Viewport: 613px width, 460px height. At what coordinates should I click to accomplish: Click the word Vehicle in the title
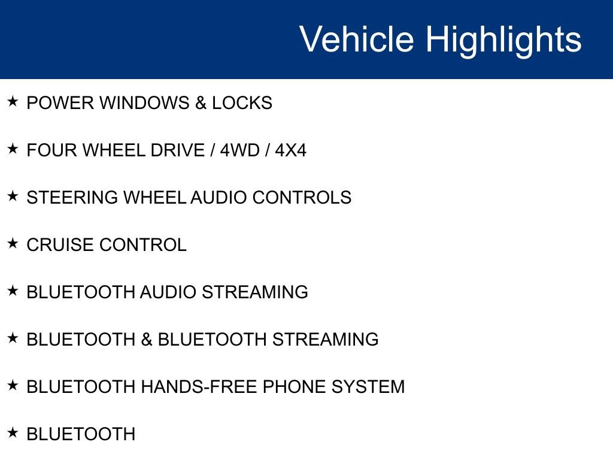coord(356,40)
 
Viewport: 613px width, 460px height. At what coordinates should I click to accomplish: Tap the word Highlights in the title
coord(503,40)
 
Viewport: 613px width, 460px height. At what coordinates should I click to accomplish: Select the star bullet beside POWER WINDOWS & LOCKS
coord(13,102)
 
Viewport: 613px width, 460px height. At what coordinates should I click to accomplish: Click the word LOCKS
coord(242,103)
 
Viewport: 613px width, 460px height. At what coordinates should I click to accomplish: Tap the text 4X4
coord(290,150)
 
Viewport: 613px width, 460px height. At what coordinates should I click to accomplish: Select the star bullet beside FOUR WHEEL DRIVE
coord(13,149)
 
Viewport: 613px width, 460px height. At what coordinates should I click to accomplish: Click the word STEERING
coord(72,198)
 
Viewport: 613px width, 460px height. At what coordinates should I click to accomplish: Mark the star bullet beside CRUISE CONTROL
coord(13,244)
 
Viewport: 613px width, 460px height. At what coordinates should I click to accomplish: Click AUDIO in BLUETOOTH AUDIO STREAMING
coord(168,292)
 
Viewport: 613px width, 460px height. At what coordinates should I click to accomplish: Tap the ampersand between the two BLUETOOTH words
coord(147,340)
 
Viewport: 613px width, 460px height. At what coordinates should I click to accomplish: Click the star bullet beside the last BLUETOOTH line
coord(13,433)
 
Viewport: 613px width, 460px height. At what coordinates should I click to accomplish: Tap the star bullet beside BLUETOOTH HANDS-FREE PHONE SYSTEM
coord(13,386)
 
